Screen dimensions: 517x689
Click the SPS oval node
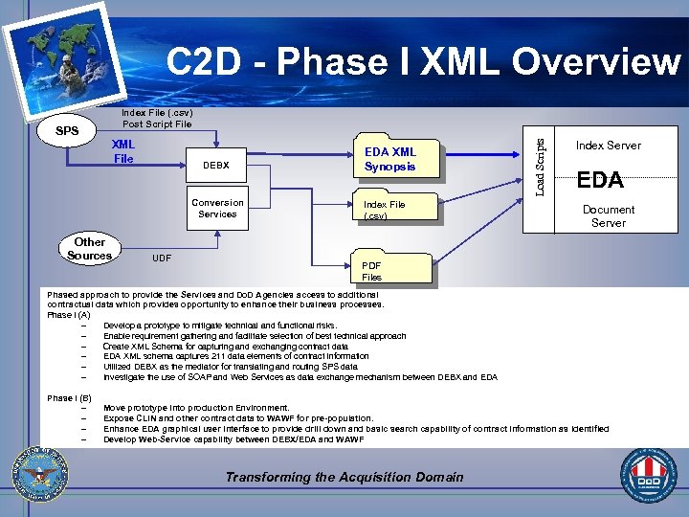coord(66,130)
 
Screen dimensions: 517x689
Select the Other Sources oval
coord(89,248)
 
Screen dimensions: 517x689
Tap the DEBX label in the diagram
coord(217,166)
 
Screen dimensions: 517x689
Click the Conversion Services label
coord(217,208)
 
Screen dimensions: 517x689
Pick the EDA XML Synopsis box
coord(389,159)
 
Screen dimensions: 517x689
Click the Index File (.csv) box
coord(384,210)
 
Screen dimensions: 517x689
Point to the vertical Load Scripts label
coord(540,167)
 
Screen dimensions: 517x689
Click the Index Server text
coord(608,146)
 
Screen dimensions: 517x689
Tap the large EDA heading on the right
coord(600,179)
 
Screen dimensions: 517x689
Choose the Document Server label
coord(608,215)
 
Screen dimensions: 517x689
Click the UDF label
coord(162,258)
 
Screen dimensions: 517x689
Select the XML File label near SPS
coord(123,151)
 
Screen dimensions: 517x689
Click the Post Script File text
coord(157,124)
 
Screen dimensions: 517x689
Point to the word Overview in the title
coord(595,63)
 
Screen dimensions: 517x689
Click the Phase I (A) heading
coord(69,314)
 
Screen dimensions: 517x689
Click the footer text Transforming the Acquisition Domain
coord(344,477)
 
